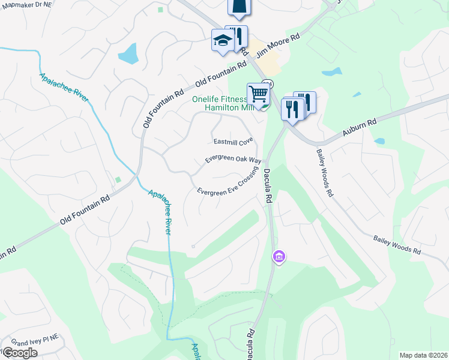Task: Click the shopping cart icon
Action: [x=258, y=94]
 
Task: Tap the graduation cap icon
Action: [x=221, y=40]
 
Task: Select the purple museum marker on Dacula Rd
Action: [x=279, y=257]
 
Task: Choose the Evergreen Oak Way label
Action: [x=233, y=160]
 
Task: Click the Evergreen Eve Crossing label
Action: [x=227, y=184]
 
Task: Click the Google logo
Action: [x=19, y=353]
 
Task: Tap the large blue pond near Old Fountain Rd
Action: [x=128, y=54]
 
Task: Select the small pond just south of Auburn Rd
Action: [x=379, y=142]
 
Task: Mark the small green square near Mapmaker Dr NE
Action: [x=160, y=10]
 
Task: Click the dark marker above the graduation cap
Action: [x=238, y=6]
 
